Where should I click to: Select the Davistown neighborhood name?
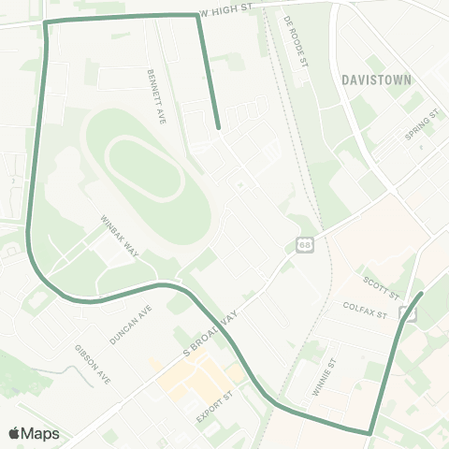coord(377,80)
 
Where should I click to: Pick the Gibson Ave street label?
coord(93,364)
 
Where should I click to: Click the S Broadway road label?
coord(210,332)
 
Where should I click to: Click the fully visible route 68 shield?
coord(305,245)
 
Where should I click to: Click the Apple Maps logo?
coord(34,433)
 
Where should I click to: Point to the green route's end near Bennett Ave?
coord(218,127)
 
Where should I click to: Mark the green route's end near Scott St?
coord(421,294)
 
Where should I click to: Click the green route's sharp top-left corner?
coord(46,22)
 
